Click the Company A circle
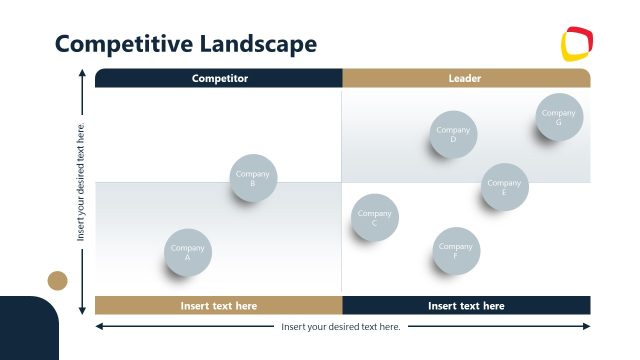pyautogui.click(x=188, y=253)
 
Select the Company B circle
pyautogui.click(x=253, y=178)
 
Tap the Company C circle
pyautogui.click(x=375, y=218)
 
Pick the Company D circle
pyautogui.click(x=453, y=135)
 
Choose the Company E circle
pyautogui.click(x=505, y=187)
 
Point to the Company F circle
pyautogui.click(x=456, y=251)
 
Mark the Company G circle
pyautogui.click(x=559, y=118)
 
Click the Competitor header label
pyautogui.click(x=219, y=78)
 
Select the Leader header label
pyautogui.click(x=466, y=78)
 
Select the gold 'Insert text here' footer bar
pyautogui.click(x=219, y=306)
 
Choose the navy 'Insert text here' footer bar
pyautogui.click(x=466, y=306)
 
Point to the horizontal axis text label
pyautogui.click(x=341, y=327)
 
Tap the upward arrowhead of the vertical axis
pyautogui.click(x=82, y=73)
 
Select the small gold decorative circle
pyautogui.click(x=58, y=280)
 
